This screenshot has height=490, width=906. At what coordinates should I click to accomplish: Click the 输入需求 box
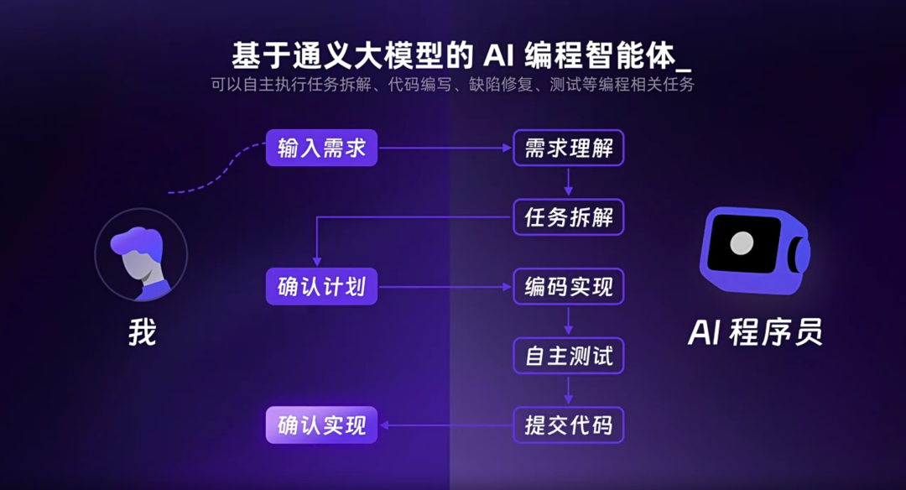coord(322,149)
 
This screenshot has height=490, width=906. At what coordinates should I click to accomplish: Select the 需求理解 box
coord(569,149)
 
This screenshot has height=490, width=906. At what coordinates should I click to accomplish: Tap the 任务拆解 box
coord(569,218)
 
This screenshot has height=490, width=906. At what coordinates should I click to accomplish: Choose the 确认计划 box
coord(322,287)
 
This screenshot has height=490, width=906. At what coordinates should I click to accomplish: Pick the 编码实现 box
coord(569,287)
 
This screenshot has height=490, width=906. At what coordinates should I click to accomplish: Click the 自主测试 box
coord(569,356)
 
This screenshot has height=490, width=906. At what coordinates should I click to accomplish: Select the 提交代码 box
coord(569,425)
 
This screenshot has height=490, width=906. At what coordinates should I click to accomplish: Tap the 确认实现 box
coord(322,425)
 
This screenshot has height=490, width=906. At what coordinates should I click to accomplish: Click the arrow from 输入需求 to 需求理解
coord(445,149)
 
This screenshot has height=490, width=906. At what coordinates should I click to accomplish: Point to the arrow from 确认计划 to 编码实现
coord(445,287)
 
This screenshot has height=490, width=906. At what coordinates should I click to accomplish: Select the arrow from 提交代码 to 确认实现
coord(445,425)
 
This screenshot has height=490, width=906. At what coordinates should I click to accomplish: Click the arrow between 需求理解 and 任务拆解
coord(569,183)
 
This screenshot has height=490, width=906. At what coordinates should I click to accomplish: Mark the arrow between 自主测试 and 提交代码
coord(569,390)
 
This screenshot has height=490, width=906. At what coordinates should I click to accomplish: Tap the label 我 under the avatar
coord(142,333)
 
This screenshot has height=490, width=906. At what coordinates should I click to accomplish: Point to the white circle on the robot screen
coord(742,243)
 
